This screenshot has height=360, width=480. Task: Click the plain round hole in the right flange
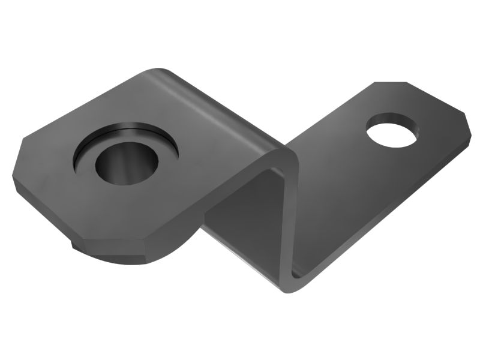click(393, 130)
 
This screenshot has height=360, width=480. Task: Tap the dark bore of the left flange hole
click(127, 165)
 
